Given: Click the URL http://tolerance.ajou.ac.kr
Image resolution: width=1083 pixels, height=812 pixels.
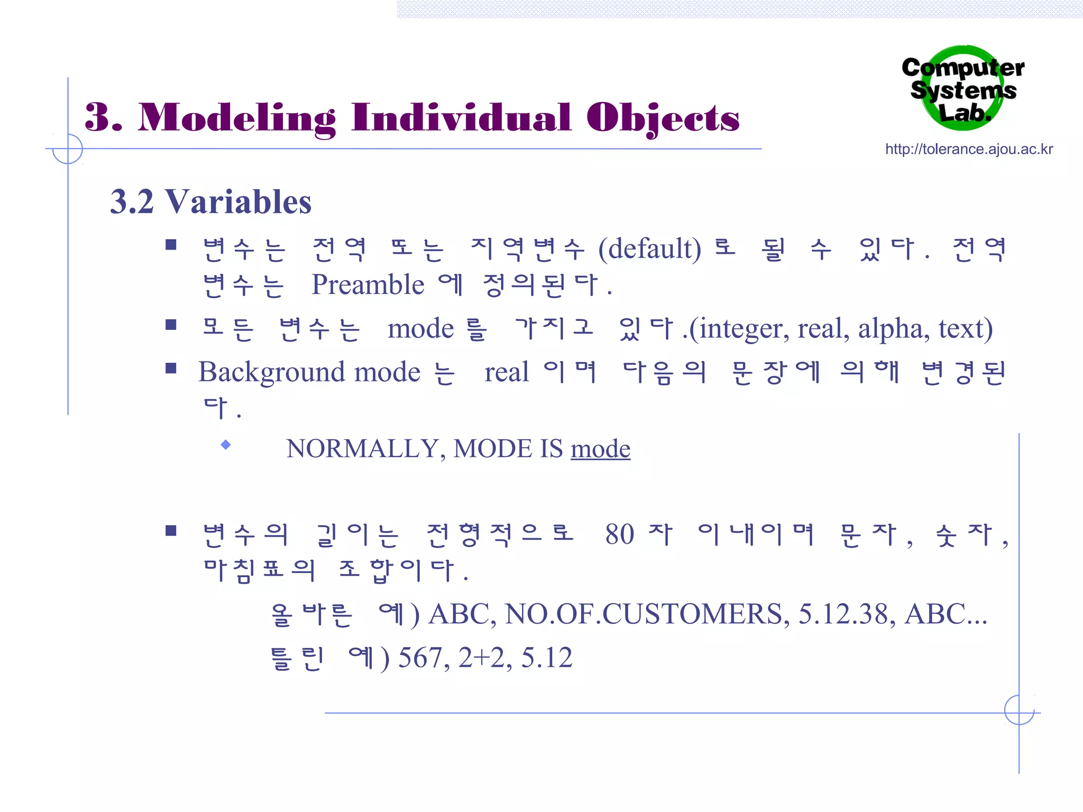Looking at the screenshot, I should [x=969, y=150].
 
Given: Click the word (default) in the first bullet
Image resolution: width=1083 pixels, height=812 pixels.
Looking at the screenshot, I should [x=649, y=248].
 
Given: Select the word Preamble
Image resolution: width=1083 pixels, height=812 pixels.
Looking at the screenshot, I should [x=368, y=285].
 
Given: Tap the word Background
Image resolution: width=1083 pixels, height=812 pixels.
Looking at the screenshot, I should [x=272, y=373].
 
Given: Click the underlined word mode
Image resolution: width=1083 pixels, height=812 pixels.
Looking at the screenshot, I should [x=600, y=449].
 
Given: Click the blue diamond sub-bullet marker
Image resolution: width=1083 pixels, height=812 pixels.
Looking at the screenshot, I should [x=226, y=445].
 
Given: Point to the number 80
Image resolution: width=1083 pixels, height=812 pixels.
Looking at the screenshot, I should [x=619, y=534].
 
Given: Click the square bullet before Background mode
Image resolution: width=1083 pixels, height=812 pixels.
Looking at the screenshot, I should [x=171, y=368].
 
